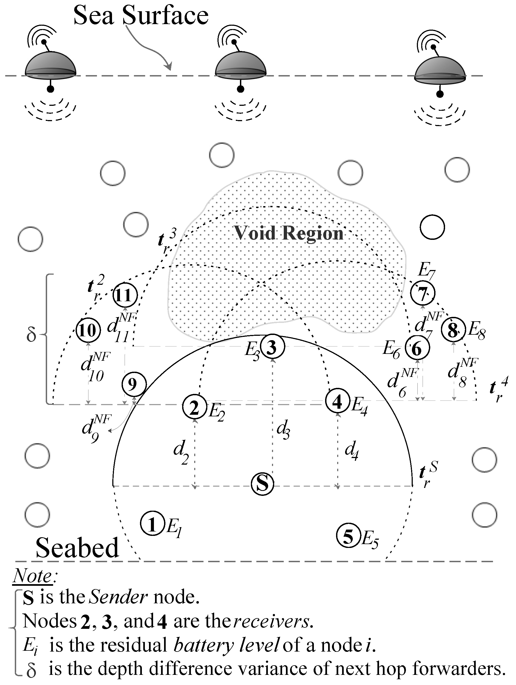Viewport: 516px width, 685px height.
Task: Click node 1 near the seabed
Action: (x=152, y=524)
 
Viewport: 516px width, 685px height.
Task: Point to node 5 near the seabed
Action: (x=348, y=536)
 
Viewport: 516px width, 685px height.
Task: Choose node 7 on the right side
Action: (x=423, y=293)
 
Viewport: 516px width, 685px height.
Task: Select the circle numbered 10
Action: (x=88, y=330)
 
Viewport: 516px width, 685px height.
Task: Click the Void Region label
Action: (x=288, y=233)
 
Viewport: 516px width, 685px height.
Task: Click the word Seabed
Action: (x=77, y=547)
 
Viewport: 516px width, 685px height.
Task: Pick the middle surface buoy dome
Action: (x=240, y=64)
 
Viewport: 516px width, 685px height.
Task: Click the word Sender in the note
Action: (x=117, y=596)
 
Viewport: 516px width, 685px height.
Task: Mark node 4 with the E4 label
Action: (x=337, y=402)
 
